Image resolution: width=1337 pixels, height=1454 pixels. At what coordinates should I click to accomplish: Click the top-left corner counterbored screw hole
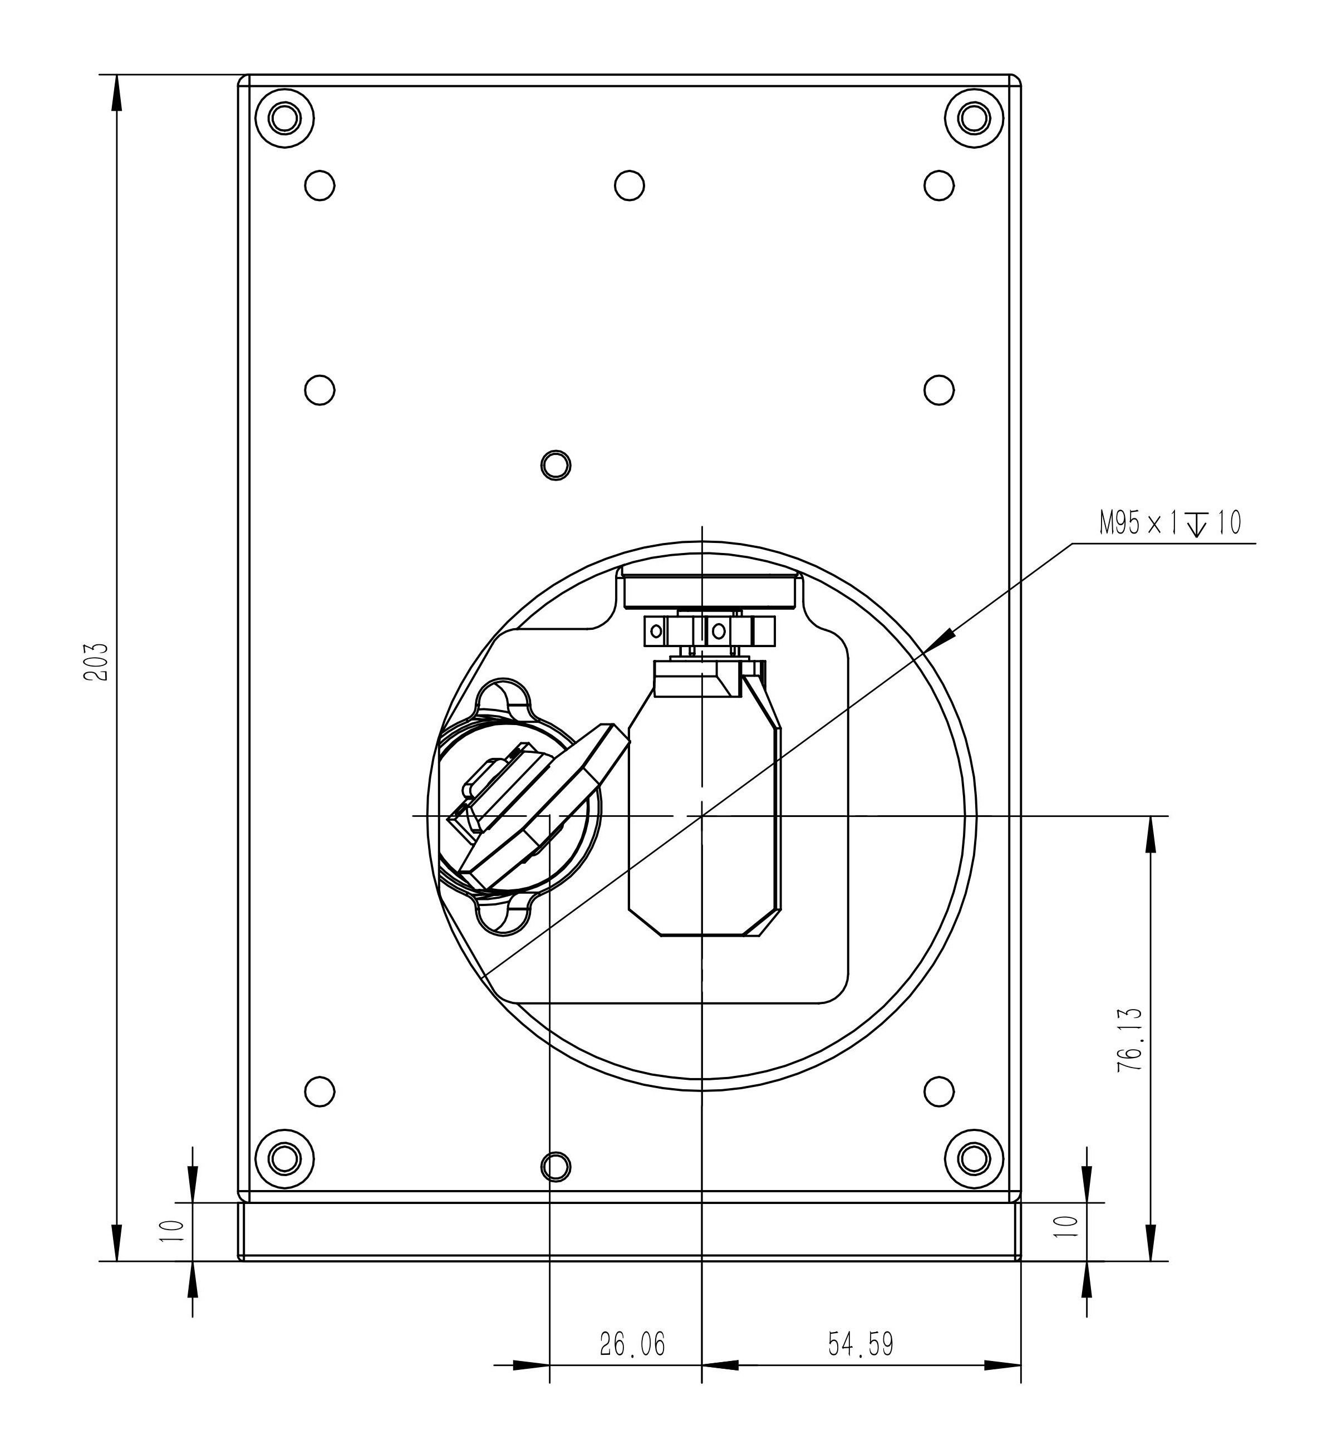[x=285, y=118]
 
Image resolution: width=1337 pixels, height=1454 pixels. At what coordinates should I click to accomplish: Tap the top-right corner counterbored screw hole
[x=975, y=118]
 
